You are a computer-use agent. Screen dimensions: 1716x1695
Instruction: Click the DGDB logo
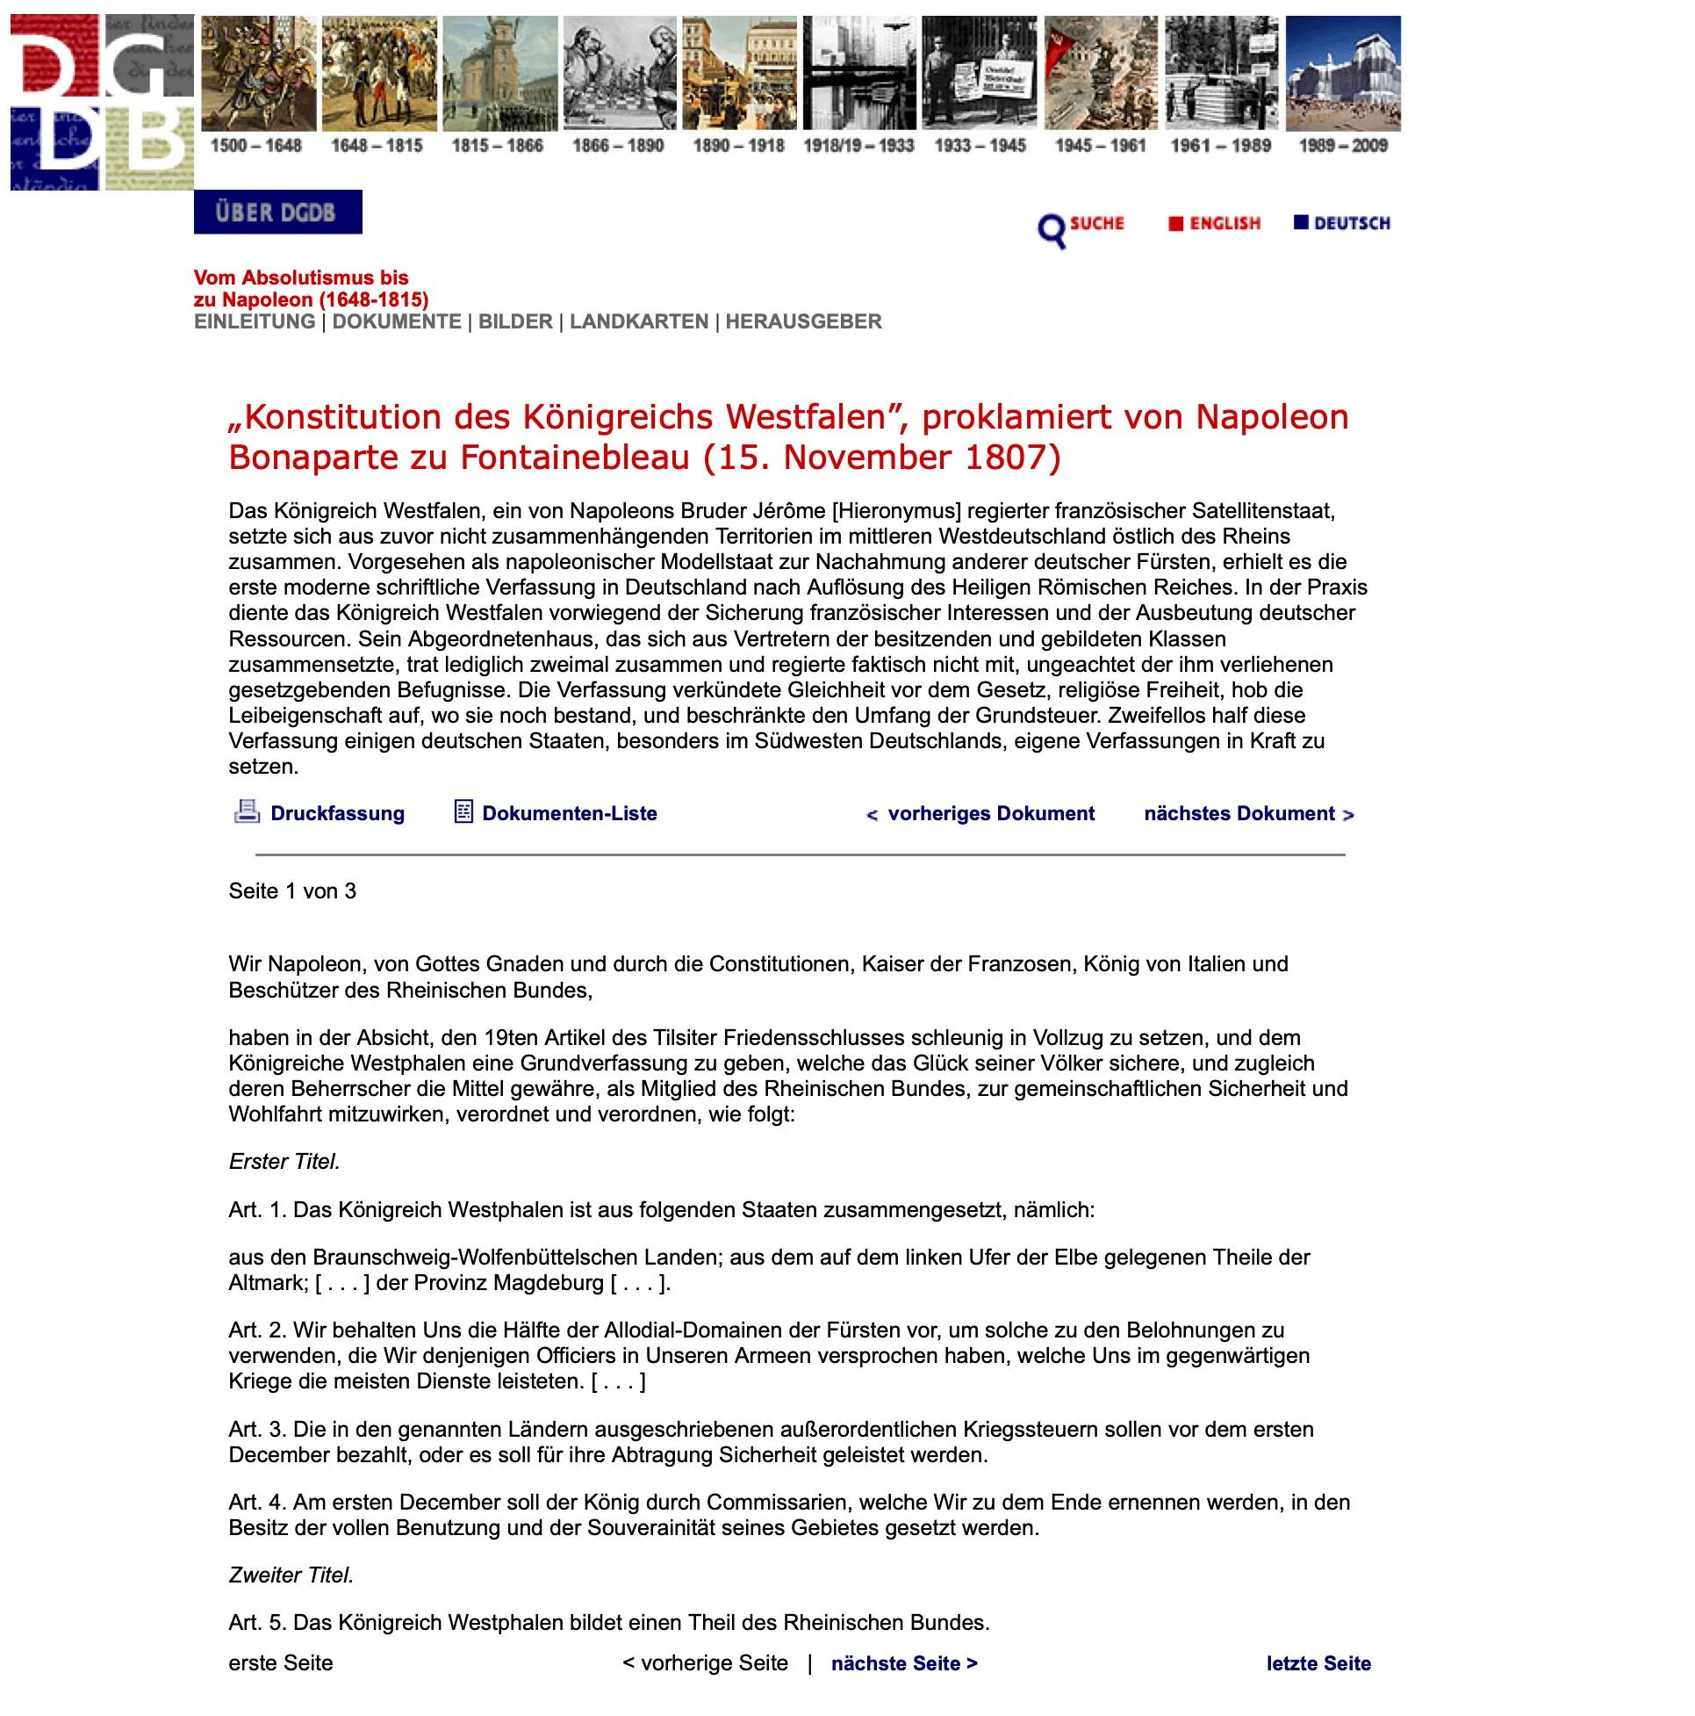(x=102, y=102)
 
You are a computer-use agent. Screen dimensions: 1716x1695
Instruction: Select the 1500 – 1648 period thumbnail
(x=258, y=74)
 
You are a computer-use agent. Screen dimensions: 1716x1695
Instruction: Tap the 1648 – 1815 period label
(x=377, y=146)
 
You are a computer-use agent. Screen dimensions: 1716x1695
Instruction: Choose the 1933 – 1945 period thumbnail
(x=980, y=74)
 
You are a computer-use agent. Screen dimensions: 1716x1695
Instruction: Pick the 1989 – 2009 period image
(x=1342, y=74)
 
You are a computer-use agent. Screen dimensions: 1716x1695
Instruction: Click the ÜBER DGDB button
(x=278, y=213)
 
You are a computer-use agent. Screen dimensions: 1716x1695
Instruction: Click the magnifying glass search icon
(x=1052, y=231)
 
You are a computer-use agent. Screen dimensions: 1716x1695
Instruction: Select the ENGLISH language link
(x=1225, y=224)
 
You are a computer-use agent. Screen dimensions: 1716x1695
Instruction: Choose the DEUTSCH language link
(x=1352, y=224)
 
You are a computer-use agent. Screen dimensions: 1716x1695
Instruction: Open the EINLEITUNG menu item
(x=255, y=321)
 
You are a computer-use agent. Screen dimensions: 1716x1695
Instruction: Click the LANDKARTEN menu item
(x=638, y=321)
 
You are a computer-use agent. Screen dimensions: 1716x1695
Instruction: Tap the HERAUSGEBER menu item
(x=802, y=321)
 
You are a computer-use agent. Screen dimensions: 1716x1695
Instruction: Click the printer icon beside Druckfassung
(x=246, y=811)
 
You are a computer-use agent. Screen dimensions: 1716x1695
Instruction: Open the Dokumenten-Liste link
(x=568, y=813)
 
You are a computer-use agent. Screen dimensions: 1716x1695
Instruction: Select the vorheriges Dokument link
(x=990, y=813)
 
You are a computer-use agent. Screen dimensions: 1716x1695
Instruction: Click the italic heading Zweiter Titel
(x=291, y=1575)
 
